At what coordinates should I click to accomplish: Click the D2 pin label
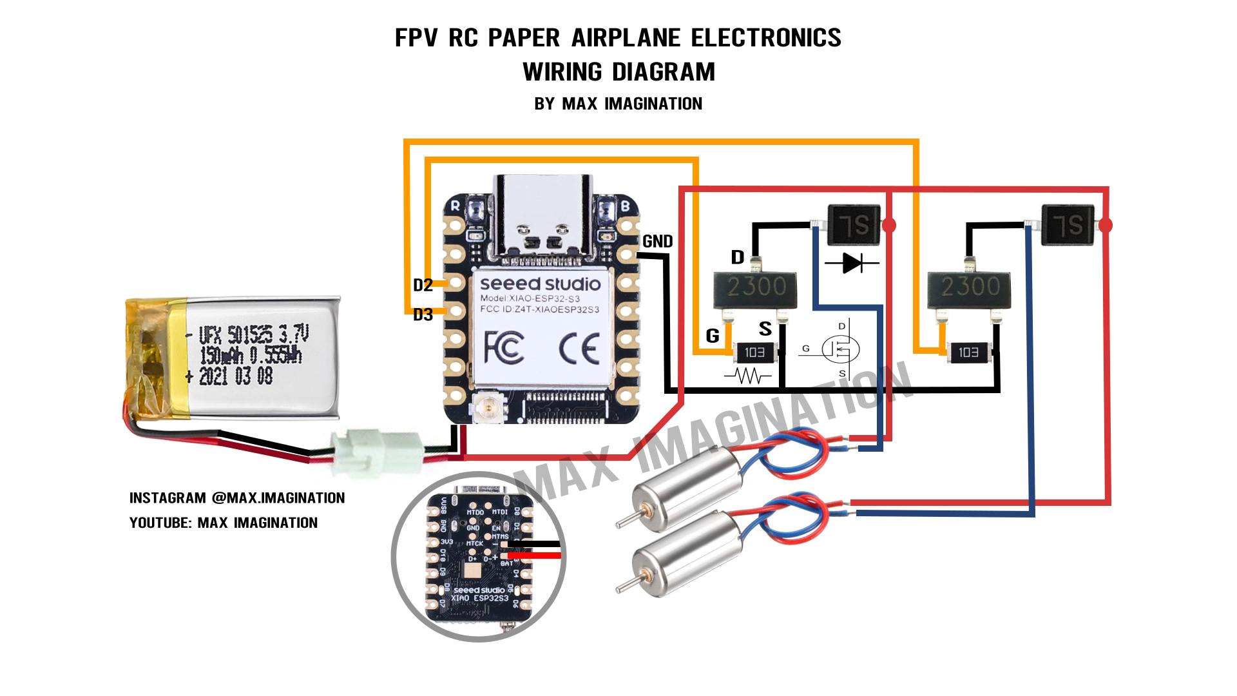click(423, 285)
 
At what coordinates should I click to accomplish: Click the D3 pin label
click(423, 314)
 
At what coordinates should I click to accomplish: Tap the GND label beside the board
click(658, 242)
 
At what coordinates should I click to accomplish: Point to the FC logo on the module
click(503, 348)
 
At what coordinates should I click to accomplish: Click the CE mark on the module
click(579, 348)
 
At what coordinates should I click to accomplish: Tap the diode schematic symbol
click(852, 262)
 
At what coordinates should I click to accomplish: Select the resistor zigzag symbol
click(748, 376)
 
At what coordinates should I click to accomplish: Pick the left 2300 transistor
click(756, 286)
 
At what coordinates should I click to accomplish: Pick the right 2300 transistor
click(970, 286)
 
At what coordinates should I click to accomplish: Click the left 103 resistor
click(754, 353)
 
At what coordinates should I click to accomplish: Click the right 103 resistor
click(968, 353)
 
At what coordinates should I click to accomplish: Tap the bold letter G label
click(712, 336)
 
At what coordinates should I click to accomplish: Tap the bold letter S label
click(765, 329)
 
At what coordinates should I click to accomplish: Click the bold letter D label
click(738, 258)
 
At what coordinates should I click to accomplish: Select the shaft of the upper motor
click(626, 520)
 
